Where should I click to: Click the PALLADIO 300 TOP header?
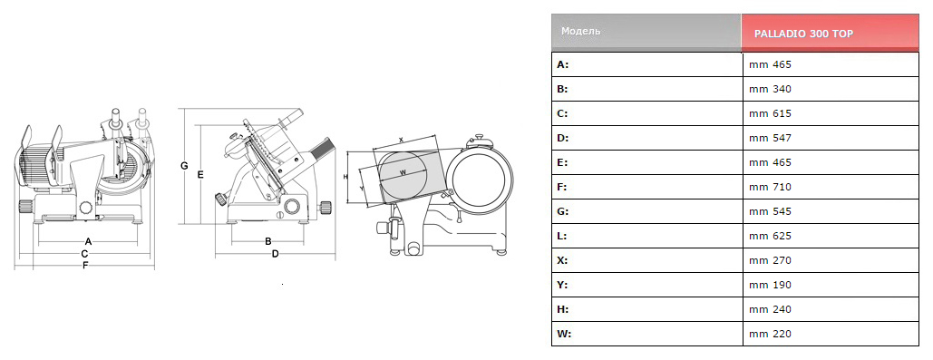click(803, 34)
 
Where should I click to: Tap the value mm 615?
click(771, 113)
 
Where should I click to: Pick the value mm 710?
click(771, 187)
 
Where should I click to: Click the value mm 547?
click(771, 138)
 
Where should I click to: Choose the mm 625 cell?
click(831, 236)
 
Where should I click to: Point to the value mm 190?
click(771, 285)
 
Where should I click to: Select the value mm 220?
click(771, 334)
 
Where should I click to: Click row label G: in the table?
click(563, 211)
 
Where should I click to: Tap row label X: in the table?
click(562, 260)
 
